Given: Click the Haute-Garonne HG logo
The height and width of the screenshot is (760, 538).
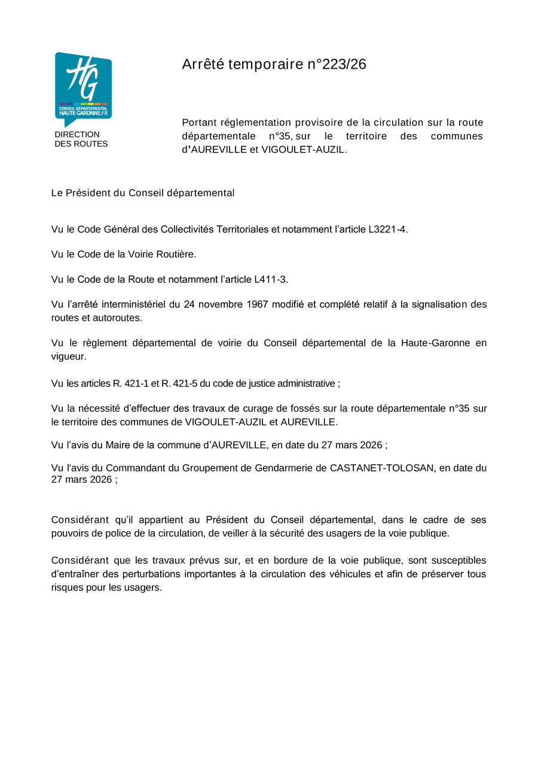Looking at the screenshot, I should (x=83, y=87).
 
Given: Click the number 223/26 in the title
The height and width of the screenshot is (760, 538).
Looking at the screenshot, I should (x=344, y=65).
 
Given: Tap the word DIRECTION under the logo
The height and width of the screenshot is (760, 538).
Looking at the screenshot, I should (x=77, y=134).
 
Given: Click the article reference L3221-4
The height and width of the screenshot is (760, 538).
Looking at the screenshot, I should (x=387, y=229).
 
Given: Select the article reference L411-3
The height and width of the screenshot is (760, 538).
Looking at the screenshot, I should (x=270, y=280).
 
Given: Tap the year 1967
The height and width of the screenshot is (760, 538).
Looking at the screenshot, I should (x=258, y=305).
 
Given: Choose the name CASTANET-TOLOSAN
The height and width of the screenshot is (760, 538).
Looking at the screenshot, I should (x=382, y=468).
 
